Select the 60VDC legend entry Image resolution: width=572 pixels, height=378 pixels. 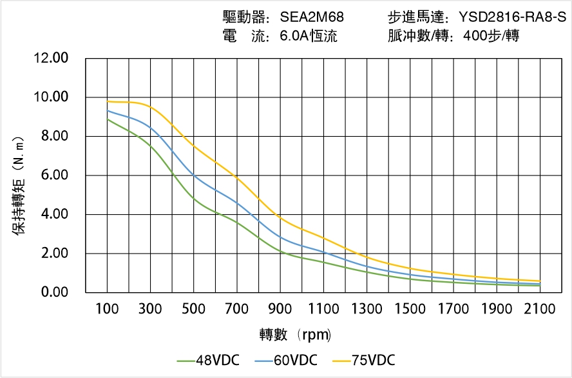pos(286,360)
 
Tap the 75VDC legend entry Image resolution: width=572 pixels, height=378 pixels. pos(364,360)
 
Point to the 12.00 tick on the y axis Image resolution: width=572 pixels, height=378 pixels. pos(51,58)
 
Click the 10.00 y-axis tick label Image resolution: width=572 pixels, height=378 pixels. pos(51,97)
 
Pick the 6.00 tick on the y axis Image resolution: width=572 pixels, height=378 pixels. pos(54,175)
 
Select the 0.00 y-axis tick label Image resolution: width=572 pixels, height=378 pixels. pos(54,293)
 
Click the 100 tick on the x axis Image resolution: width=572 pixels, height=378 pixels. pos(107,310)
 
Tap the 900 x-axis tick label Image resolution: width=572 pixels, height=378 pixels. pos(280,310)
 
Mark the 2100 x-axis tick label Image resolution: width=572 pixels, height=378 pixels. pos(540,310)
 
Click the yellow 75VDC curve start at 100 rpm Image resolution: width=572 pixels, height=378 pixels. pos(107,101)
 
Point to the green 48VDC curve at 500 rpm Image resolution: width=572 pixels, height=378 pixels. pos(194,199)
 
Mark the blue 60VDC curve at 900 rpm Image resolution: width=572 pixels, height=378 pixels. pos(280,237)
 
